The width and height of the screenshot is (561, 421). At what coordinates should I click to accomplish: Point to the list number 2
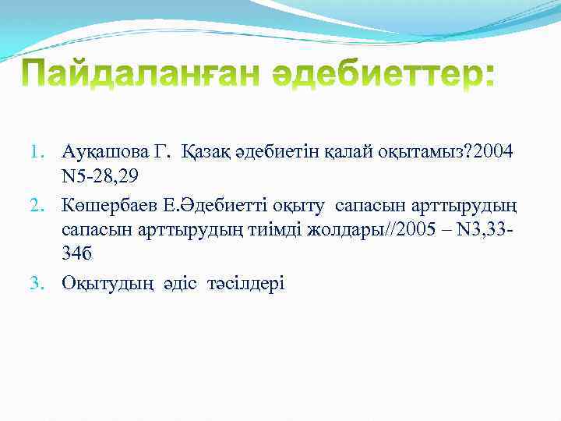46,205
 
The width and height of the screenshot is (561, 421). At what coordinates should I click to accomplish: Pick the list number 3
46,285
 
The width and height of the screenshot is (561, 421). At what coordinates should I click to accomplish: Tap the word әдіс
181,285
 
